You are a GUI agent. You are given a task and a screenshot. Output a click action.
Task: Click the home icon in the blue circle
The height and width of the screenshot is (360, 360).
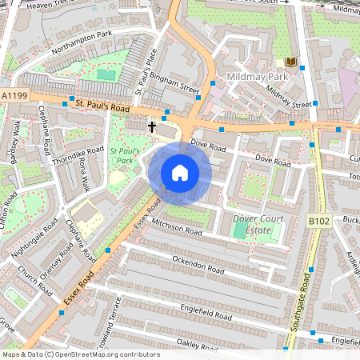pos(180,173)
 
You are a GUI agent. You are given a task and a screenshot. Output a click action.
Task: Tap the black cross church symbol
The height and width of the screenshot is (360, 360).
pos(152,127)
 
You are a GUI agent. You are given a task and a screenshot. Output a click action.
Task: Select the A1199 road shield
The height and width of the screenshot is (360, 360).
pos(14,95)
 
